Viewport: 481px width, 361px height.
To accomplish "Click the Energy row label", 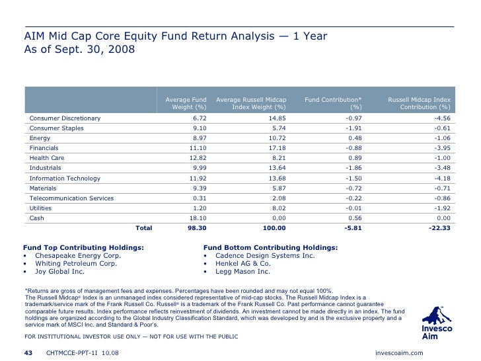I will pos(40,138).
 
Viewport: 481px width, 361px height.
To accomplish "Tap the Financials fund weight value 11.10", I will pos(198,148).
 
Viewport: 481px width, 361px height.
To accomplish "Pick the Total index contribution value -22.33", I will pos(438,227).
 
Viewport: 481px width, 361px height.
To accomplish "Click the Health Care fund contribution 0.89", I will pos(355,158).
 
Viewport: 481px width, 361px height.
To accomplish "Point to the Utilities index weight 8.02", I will pos(278,208).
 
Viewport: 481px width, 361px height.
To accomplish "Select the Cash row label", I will pos(37,218).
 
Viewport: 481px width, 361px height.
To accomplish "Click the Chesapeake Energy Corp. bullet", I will pos(77,255).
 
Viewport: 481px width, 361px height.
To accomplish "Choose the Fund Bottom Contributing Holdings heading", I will pos(271,247).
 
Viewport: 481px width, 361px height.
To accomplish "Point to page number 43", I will pos(28,353).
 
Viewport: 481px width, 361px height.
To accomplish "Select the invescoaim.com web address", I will pos(398,353).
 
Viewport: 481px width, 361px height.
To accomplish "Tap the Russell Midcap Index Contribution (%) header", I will pos(419,102).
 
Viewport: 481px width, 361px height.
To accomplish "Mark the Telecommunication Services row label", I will pos(71,198).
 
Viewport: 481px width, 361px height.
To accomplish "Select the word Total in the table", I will pos(143,227).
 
